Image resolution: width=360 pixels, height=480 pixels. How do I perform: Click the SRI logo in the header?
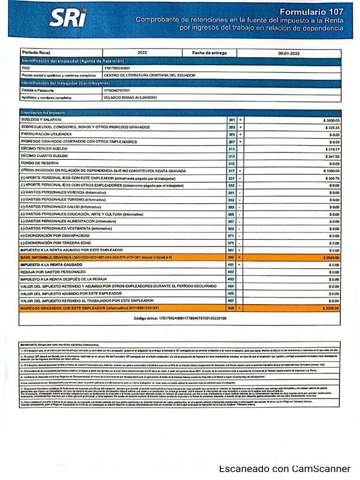[67, 19]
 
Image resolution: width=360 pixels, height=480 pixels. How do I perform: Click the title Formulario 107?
[311, 12]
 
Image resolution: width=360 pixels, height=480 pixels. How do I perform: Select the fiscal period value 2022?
[142, 53]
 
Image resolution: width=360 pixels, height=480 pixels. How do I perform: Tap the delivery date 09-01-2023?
[288, 53]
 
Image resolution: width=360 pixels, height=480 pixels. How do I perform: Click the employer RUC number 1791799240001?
[117, 68]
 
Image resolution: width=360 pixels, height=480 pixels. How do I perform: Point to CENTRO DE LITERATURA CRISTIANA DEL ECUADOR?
[149, 75]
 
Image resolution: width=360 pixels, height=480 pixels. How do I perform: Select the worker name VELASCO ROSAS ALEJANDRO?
[130, 97]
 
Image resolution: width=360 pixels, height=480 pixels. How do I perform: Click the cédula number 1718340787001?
[117, 90]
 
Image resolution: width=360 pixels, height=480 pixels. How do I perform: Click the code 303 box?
[231, 127]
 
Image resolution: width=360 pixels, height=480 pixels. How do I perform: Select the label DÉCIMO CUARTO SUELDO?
[45, 156]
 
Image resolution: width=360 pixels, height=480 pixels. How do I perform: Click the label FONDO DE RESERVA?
[39, 164]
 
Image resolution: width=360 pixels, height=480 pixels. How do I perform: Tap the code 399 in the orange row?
[231, 257]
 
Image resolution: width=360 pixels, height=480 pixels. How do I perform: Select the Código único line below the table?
[180, 318]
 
